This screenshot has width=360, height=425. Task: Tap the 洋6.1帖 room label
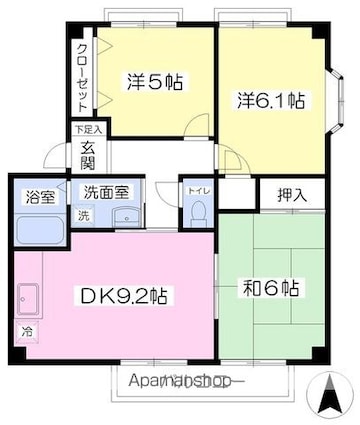tap(272, 100)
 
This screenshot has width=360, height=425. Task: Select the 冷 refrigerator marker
tap(24, 329)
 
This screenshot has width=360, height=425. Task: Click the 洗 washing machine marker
tap(83, 217)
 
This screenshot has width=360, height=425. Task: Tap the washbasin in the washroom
tap(124, 220)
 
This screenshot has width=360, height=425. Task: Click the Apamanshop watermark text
tap(186, 381)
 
